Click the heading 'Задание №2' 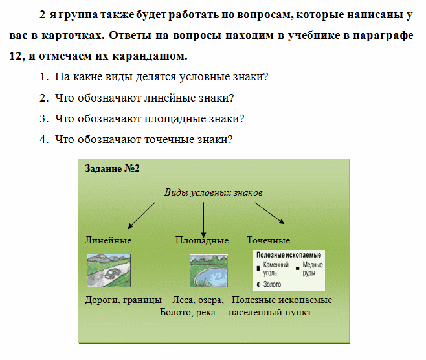[x=113, y=168]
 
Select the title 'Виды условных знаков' [x=213, y=192]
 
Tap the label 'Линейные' [x=108, y=240]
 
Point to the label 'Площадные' [x=201, y=240]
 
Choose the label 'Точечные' [x=268, y=240]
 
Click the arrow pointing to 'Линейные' [x=141, y=216]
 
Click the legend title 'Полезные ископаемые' [x=289, y=256]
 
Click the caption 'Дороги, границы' [x=123, y=300]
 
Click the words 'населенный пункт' [x=275, y=313]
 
